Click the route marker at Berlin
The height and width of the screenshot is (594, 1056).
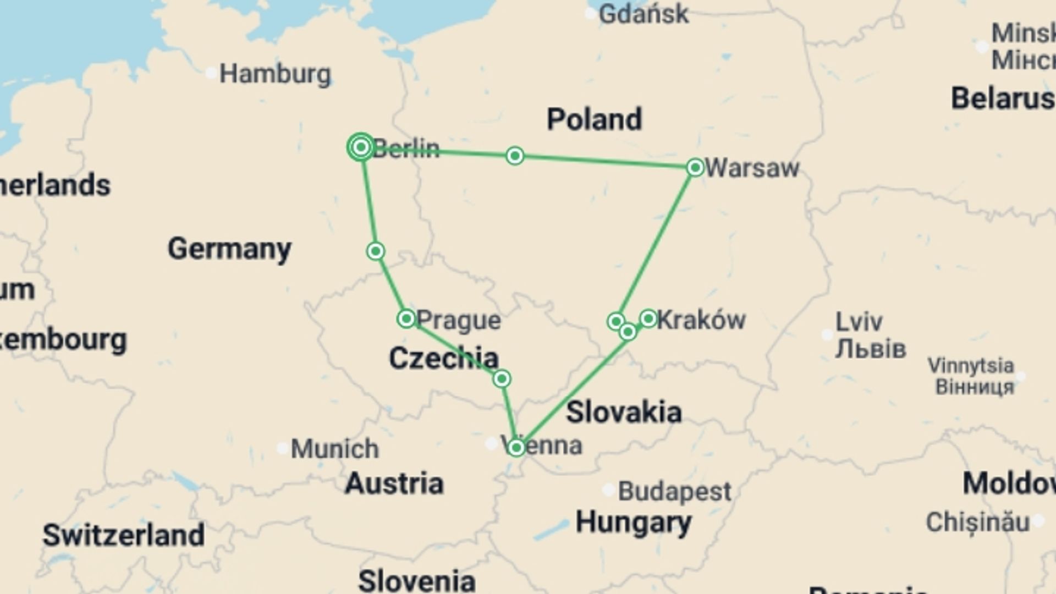point(361,147)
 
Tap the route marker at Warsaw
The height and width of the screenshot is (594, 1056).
point(695,167)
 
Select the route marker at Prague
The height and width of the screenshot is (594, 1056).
point(406,318)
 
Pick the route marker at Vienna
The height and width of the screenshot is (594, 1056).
point(516,448)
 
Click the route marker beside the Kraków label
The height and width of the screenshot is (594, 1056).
point(648,318)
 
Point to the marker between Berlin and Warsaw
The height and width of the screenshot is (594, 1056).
point(515,156)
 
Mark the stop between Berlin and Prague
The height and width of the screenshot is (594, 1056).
point(376,251)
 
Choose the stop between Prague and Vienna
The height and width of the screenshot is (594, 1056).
point(502,379)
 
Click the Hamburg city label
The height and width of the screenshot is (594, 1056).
point(275,74)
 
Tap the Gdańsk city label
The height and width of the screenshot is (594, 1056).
point(643,14)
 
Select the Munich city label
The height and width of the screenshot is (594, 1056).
point(334,449)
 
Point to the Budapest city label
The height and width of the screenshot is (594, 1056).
point(674,491)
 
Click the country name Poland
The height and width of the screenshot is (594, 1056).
point(594,119)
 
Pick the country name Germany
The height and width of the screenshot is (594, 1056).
point(229,249)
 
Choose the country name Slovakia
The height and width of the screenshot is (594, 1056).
point(624,412)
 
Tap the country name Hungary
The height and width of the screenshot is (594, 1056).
point(634,522)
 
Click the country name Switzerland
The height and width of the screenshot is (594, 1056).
point(124,535)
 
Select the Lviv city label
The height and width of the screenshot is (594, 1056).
point(859,322)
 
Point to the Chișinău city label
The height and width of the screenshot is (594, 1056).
point(977,522)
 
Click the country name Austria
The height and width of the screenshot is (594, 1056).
point(394,483)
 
